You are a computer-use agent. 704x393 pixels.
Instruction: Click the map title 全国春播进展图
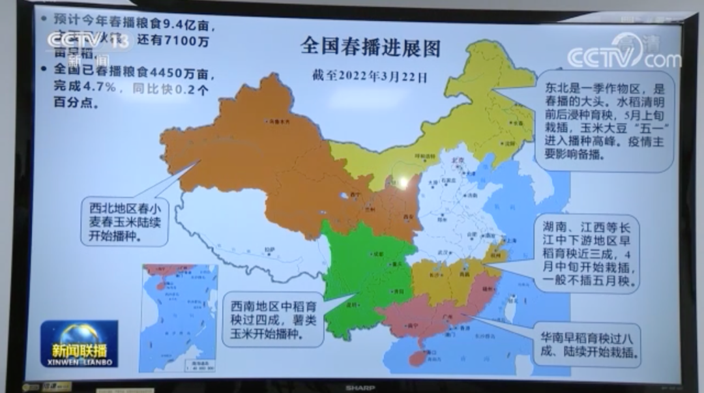point(370,47)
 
